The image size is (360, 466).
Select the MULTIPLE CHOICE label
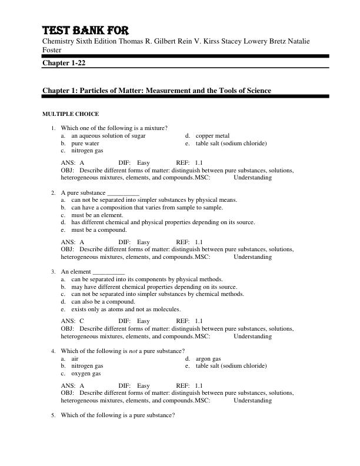[71, 114]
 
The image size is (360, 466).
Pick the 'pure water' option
[85, 143]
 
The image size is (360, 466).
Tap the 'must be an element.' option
[97, 215]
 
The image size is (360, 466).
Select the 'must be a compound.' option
[99, 230]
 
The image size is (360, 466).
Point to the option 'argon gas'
[208, 358]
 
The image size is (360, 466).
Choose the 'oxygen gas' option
[86, 373]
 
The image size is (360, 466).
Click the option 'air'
[75, 358]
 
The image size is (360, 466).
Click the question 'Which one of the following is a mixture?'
[114, 128]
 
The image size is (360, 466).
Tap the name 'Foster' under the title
[52, 50]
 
